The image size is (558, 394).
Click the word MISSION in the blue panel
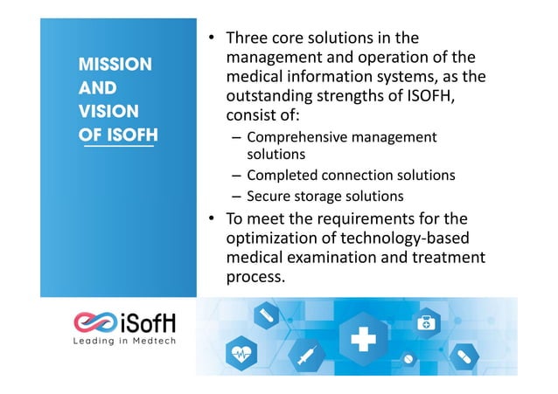click(115, 65)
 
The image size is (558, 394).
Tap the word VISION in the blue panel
click(108, 112)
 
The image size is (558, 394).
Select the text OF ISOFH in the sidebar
click(118, 135)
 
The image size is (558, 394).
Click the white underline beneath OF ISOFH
click(117, 148)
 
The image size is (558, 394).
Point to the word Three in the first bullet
click(247, 38)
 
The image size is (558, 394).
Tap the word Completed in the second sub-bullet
click(277, 176)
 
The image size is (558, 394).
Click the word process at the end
click(255, 278)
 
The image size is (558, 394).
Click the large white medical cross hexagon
click(360, 339)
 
